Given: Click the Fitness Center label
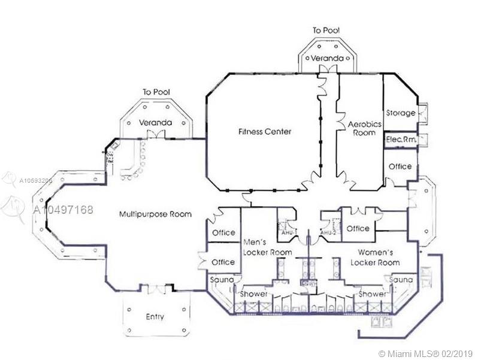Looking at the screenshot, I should coord(264,131).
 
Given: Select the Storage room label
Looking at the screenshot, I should coord(401,113).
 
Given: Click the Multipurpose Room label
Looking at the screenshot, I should coord(155,214).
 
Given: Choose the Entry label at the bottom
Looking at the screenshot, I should coord(155,316).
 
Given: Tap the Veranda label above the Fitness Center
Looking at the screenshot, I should coord(326,59).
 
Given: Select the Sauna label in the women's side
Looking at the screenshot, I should coord(400,280).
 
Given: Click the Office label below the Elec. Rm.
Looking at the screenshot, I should coord(400,166).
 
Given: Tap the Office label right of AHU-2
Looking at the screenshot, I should coord(358,228).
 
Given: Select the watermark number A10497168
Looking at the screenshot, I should coord(62,210).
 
